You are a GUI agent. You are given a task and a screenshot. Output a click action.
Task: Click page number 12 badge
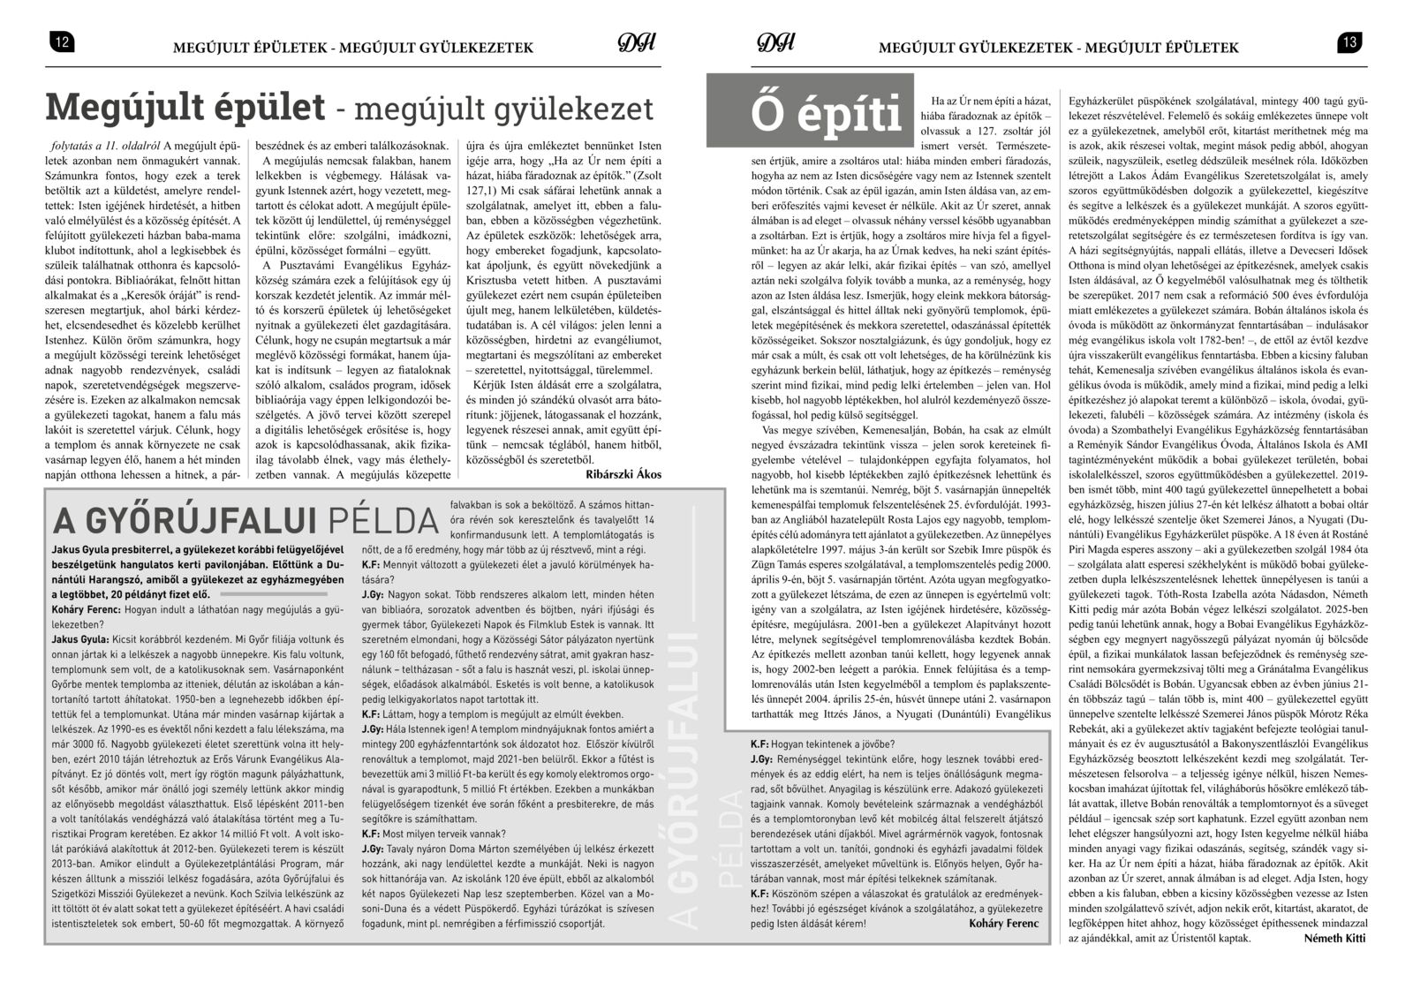[61, 42]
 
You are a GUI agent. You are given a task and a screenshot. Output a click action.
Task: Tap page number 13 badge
[1350, 42]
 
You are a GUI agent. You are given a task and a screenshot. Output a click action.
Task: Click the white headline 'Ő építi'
[826, 117]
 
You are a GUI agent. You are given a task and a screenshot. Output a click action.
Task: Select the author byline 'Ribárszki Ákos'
[623, 474]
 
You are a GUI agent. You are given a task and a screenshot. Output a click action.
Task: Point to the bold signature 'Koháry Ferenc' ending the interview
[997, 924]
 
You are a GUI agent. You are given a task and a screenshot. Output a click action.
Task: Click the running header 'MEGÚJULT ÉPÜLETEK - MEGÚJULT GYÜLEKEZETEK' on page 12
[353, 48]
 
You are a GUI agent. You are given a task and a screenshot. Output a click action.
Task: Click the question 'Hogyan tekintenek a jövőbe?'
[821, 744]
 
